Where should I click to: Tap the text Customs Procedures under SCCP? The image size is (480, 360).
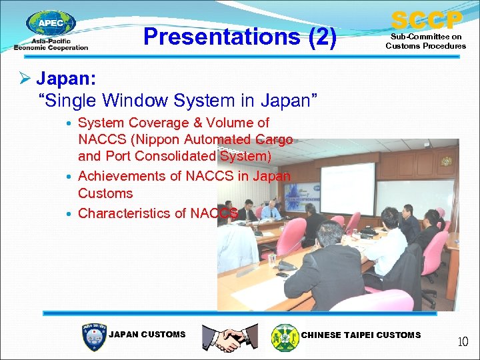425,46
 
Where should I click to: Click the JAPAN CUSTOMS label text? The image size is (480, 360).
147,335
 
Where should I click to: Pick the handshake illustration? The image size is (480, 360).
230,337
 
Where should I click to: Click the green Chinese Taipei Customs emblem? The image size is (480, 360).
285,337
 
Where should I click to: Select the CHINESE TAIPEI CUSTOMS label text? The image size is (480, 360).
361,335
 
